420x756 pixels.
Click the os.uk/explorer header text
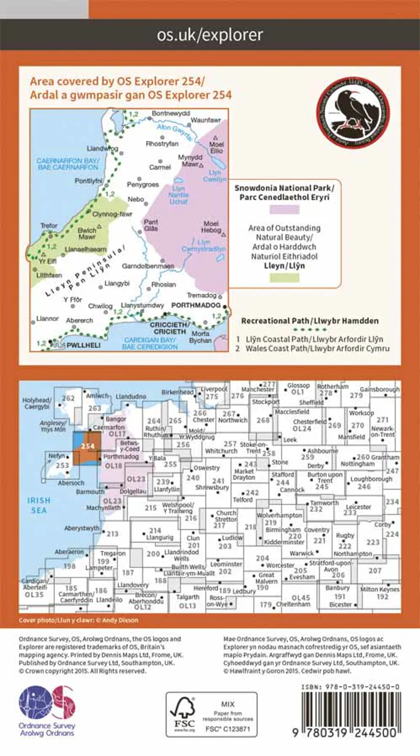(x=210, y=35)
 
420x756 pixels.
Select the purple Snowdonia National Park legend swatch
(x=284, y=209)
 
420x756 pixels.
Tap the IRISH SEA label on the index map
(x=39, y=504)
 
